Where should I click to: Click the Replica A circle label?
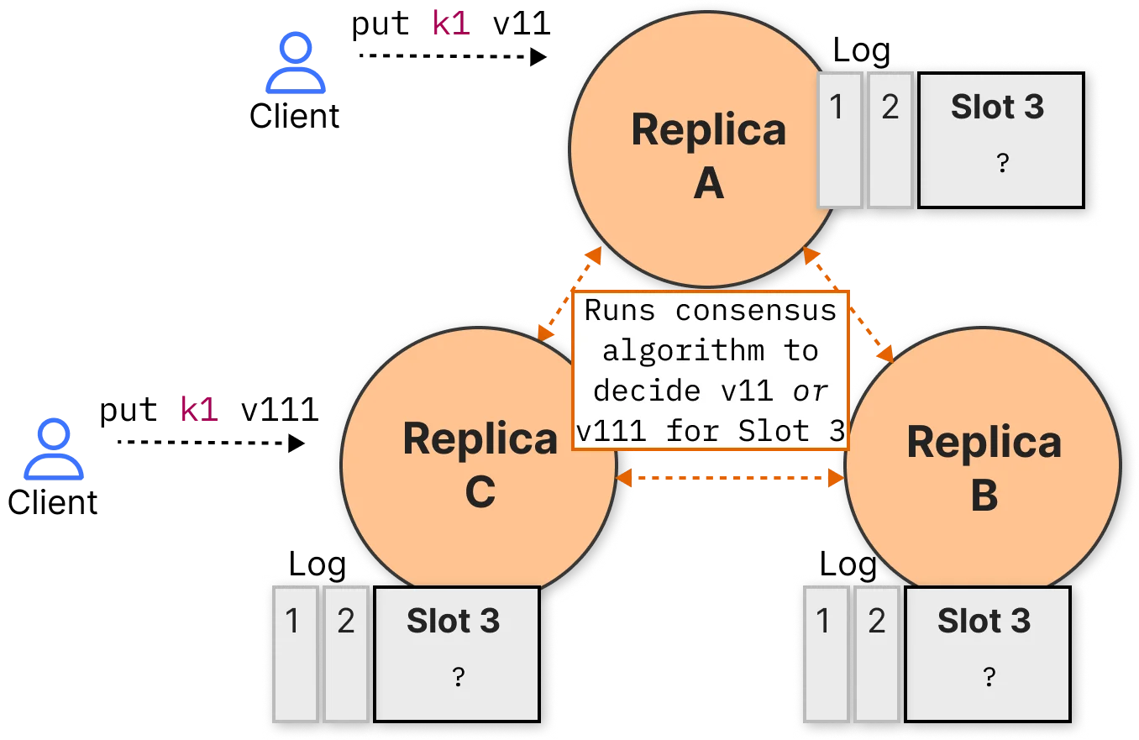708,155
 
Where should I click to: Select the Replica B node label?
984,468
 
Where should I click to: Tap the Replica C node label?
480,464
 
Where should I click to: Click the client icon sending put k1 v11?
296,62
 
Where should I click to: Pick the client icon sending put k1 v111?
54,449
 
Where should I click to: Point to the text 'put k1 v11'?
451,24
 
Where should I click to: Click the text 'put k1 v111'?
209,410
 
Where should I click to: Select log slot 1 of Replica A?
839,140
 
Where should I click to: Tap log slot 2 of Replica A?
890,140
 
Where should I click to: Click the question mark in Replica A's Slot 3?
1002,163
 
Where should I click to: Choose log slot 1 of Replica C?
295,654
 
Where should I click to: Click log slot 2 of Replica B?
877,654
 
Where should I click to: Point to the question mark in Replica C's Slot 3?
458,676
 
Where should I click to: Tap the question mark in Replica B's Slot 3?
989,676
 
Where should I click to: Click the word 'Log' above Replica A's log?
861,51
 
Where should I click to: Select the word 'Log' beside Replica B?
848,565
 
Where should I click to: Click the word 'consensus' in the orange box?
756,311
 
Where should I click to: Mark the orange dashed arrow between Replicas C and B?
730,478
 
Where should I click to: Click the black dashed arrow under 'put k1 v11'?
453,56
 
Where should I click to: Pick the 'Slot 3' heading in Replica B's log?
984,621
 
